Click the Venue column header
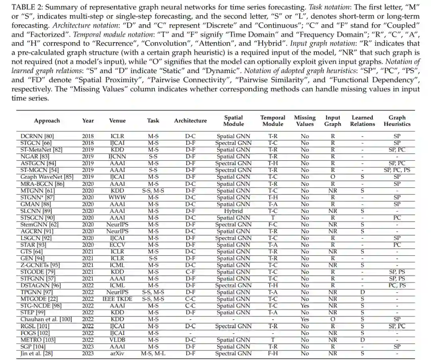(x=117, y=121)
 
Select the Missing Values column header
(x=304, y=121)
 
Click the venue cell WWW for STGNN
(x=117, y=197)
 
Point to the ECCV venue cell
(x=117, y=244)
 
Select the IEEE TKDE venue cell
(x=117, y=299)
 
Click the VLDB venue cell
(x=117, y=339)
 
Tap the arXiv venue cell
(x=117, y=353)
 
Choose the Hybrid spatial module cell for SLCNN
(x=233, y=210)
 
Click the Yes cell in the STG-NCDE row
(x=304, y=305)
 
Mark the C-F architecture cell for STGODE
(x=190, y=271)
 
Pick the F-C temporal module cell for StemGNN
(x=273, y=224)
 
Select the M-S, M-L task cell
(x=153, y=353)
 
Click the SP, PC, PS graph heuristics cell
(x=397, y=170)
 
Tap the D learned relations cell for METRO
(x=362, y=339)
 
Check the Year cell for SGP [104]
(x=88, y=346)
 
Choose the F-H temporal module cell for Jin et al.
(x=273, y=353)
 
